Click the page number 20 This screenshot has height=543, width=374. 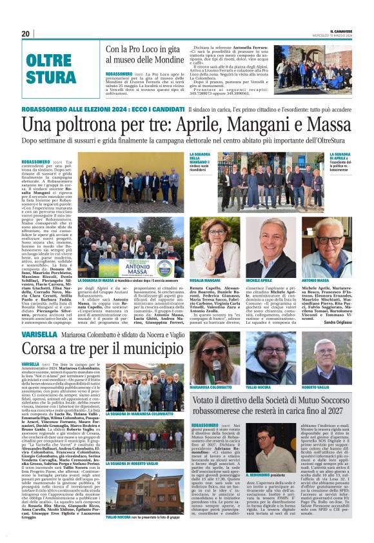[26, 34]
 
